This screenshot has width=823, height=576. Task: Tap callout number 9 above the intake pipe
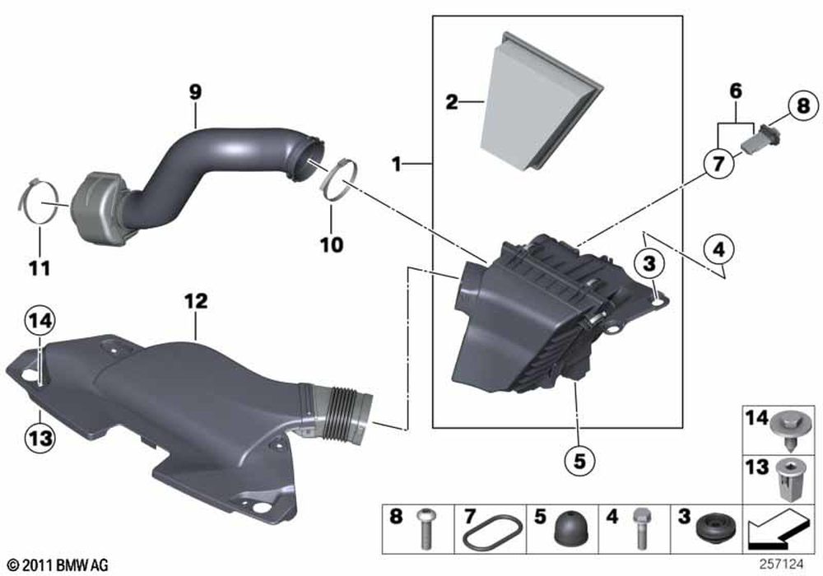pyautogui.click(x=196, y=92)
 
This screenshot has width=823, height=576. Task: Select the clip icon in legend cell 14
pyautogui.click(x=788, y=430)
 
